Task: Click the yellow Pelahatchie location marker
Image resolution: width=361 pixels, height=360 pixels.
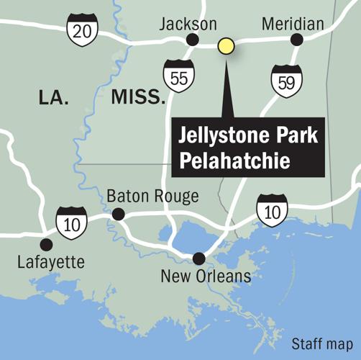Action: tap(227, 47)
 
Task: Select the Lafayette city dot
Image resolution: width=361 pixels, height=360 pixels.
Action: tap(47, 243)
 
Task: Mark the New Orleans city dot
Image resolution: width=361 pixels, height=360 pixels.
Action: tap(199, 258)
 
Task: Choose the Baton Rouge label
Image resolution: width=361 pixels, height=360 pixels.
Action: tap(152, 196)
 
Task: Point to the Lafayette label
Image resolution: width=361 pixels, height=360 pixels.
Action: tap(52, 261)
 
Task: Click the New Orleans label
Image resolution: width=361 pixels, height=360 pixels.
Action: tap(206, 276)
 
